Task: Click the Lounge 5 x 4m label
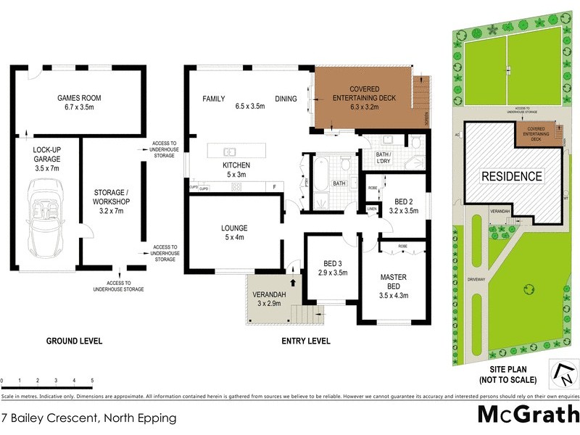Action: [x=234, y=232]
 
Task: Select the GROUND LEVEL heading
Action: [x=74, y=341]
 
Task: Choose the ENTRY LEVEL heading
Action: [x=306, y=341]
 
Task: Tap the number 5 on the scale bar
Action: [x=92, y=380]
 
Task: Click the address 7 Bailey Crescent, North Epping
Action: [x=88, y=418]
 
